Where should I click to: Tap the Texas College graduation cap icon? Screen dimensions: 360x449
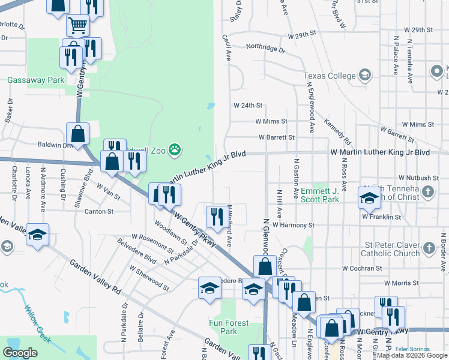364,75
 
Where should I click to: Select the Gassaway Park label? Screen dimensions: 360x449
35,80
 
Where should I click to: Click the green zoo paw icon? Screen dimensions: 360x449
175,149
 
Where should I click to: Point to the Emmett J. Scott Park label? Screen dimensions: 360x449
320,194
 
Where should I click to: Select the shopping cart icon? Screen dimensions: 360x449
77,26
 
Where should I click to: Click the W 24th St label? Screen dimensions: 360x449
248,106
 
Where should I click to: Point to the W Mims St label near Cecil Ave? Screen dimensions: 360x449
271,121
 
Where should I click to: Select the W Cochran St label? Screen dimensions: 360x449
362,268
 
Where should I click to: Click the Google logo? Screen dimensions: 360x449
20,353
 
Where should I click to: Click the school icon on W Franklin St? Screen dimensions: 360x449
369,197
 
